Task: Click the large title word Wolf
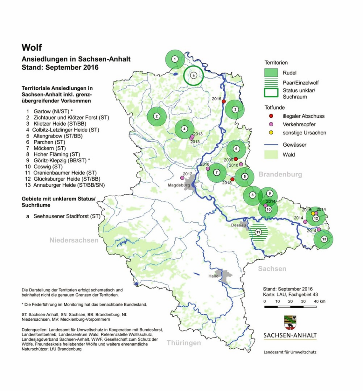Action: click(x=32, y=48)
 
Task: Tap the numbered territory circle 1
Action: click(x=175, y=59)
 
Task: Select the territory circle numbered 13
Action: click(x=323, y=239)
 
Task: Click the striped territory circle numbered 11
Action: click(x=258, y=232)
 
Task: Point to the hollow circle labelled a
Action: click(x=193, y=75)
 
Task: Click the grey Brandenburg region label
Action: click(x=280, y=174)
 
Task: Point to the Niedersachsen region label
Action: click(x=74, y=240)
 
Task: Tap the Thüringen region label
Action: click(x=183, y=343)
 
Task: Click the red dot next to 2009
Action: click(x=236, y=159)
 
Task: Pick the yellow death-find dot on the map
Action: click(x=313, y=213)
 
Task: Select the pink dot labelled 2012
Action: click(x=182, y=178)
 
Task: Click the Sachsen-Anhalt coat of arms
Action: click(x=290, y=323)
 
